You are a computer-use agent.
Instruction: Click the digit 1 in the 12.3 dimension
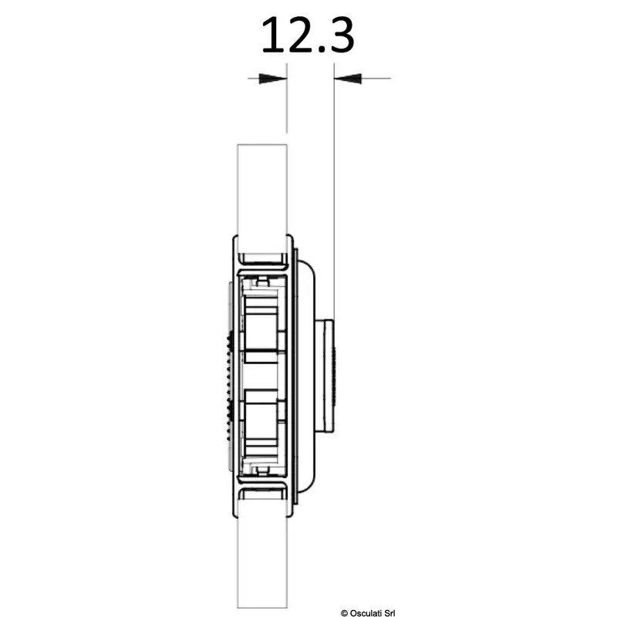274,35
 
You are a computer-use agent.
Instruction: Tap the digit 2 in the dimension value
299,35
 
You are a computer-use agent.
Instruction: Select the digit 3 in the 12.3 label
341,35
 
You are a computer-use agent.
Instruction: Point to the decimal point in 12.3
320,49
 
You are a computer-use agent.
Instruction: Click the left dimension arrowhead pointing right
272,79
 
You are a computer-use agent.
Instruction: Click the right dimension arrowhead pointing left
348,79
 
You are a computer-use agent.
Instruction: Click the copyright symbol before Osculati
344,613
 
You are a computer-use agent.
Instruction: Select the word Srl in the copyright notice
389,613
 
